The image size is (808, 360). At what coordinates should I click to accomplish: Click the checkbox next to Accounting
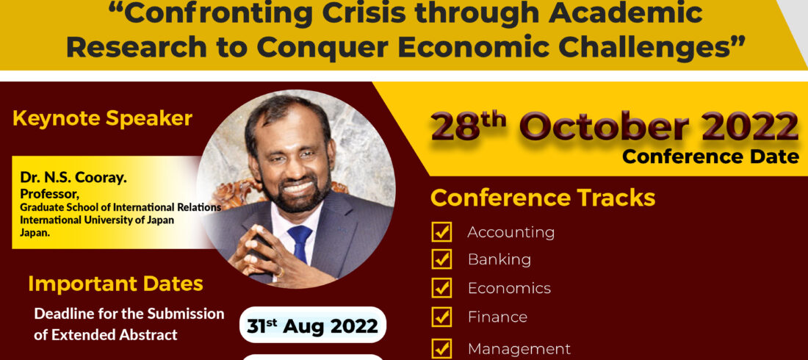(441, 232)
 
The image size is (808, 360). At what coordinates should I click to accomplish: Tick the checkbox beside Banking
(441, 259)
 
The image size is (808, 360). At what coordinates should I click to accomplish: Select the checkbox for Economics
(441, 288)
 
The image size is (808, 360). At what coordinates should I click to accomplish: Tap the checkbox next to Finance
(441, 317)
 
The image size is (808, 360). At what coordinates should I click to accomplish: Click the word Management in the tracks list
(519, 349)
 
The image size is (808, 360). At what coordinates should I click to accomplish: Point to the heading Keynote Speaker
(103, 118)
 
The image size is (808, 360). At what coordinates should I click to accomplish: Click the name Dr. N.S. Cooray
(73, 178)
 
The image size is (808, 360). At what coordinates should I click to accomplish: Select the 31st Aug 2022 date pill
(313, 325)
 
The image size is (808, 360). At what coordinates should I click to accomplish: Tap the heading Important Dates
(116, 284)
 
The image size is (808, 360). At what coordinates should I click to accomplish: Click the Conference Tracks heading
(543, 198)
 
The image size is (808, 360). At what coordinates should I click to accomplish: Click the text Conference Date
(710, 156)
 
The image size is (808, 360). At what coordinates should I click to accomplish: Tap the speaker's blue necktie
(300, 242)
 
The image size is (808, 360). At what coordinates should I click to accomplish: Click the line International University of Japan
(97, 219)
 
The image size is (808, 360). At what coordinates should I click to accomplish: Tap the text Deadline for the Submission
(129, 314)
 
